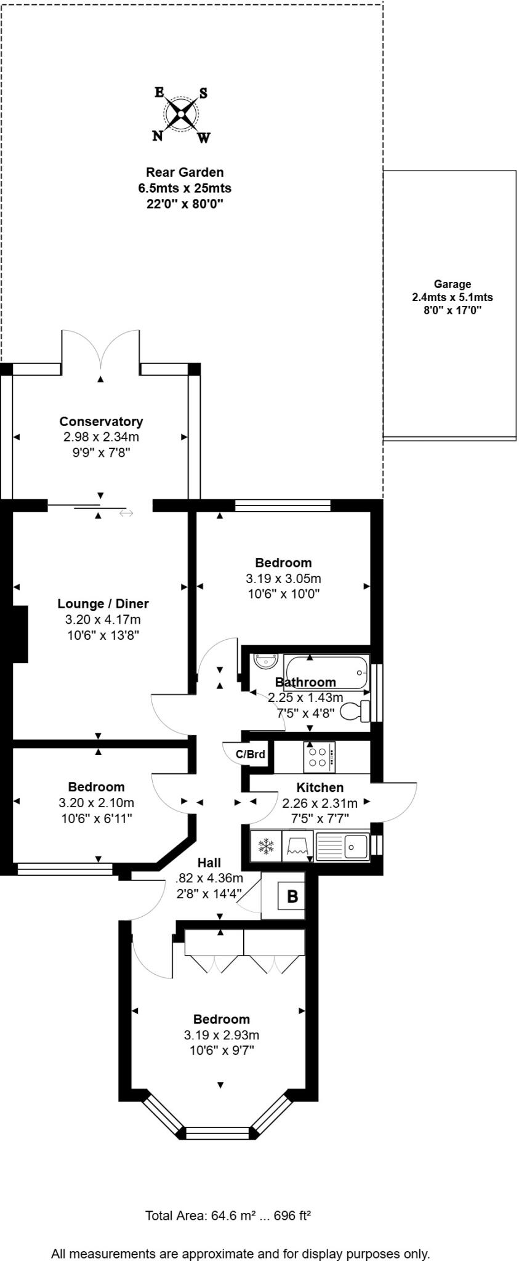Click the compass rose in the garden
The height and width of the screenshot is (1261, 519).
point(180,114)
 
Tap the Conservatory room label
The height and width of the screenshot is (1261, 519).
point(101,422)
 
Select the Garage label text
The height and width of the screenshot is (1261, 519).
point(452,284)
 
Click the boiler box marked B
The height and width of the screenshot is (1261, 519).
point(292,896)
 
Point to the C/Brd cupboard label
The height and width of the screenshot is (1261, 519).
point(251,754)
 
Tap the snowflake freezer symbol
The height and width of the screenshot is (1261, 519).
point(266,846)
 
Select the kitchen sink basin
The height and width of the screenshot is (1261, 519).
point(355,846)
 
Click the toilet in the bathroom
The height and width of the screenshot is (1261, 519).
point(356,711)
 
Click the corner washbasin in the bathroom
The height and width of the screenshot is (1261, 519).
point(266,661)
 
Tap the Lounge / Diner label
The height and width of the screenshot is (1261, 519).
point(103,604)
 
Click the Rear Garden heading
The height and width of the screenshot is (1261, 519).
point(185,172)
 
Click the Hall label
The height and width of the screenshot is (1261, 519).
point(209,863)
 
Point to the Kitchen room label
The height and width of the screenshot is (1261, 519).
point(320,788)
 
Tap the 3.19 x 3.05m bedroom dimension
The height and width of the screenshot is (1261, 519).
point(283,579)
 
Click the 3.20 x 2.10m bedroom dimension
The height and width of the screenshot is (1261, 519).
point(96,803)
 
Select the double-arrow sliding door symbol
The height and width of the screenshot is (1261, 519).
point(126,513)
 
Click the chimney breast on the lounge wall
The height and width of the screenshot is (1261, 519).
point(20,634)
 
